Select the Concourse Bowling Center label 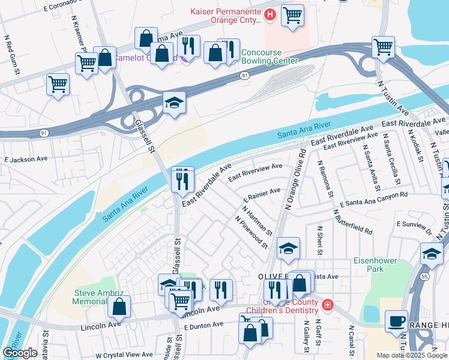[270, 56]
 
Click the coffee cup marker [396, 320]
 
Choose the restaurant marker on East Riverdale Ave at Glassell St [182, 178]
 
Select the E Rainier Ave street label [262, 194]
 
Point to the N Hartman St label [258, 221]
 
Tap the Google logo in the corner [20, 353]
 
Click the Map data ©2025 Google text [411, 355]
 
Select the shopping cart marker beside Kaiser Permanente [292, 14]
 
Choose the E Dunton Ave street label [203, 325]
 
